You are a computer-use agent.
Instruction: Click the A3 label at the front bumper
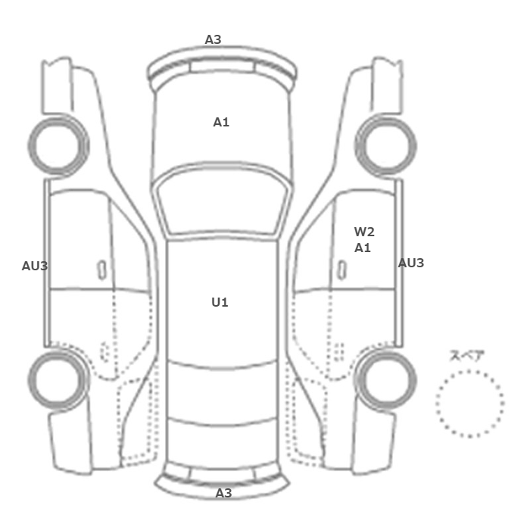(x=213, y=39)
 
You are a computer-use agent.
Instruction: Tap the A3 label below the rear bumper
(x=223, y=493)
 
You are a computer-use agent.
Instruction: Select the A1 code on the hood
(x=221, y=121)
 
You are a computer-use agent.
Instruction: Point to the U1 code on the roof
(x=220, y=302)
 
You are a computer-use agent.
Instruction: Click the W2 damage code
(x=364, y=232)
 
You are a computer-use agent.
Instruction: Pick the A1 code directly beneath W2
(x=363, y=248)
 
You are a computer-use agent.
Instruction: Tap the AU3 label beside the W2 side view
(x=411, y=263)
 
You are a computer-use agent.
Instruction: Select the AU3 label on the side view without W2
(x=35, y=266)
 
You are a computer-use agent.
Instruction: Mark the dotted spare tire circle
(x=469, y=403)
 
